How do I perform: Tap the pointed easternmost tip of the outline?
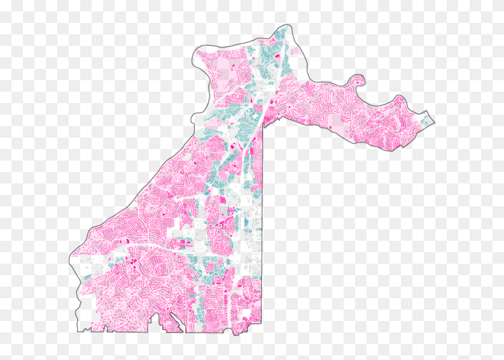(x=434, y=121)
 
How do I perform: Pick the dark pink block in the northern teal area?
(x=278, y=57)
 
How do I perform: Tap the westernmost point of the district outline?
(x=70, y=258)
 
